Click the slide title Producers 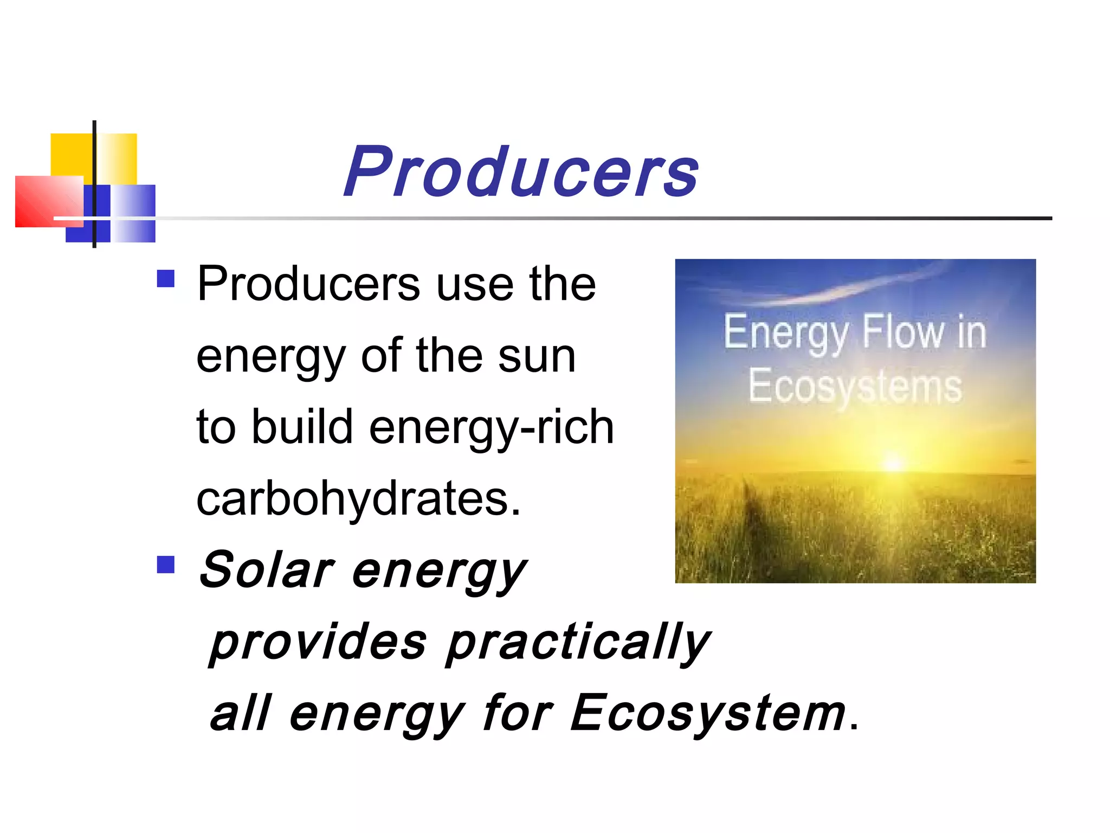point(521,171)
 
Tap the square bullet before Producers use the point(166,279)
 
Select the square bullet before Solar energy point(166,565)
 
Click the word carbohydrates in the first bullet point(358,499)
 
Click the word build point(302,426)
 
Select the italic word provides point(318,643)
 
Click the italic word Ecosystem point(708,714)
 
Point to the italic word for point(517,713)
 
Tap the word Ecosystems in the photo point(855,387)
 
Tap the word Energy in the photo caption point(786,333)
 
